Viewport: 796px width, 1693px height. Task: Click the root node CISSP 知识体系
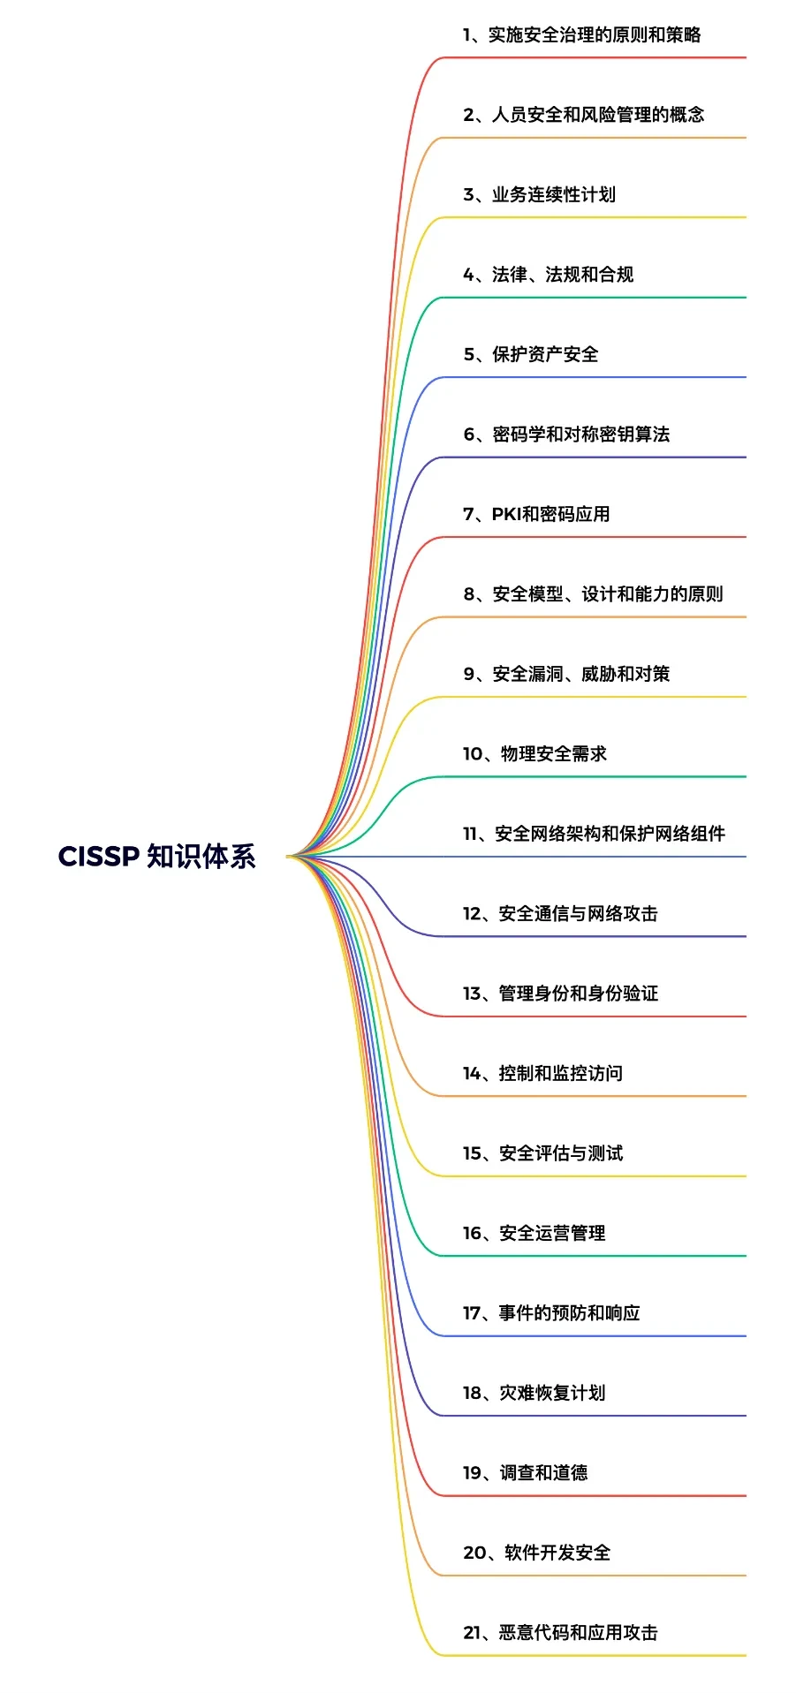[156, 856]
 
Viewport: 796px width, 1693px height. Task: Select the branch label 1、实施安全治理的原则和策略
[581, 34]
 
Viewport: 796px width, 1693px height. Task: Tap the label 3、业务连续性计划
[539, 194]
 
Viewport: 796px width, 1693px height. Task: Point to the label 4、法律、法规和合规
[548, 275]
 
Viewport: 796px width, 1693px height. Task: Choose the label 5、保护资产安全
[531, 354]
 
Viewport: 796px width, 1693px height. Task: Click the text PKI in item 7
[506, 514]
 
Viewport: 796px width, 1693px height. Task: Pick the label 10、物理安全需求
[534, 753]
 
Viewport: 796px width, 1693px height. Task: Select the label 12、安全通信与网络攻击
[560, 913]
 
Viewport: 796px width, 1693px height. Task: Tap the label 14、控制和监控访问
[542, 1073]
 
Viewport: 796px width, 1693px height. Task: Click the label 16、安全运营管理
[534, 1233]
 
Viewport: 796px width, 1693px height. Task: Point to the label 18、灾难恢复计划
[534, 1393]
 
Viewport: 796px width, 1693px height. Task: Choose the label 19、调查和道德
[525, 1472]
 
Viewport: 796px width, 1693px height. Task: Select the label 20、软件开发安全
[536, 1553]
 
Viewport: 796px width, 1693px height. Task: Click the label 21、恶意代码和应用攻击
[560, 1632]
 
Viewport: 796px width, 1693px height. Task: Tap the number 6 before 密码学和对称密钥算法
[469, 435]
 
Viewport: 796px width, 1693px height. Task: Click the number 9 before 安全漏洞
[469, 674]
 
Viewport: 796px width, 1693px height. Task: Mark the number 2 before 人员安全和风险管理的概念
[469, 115]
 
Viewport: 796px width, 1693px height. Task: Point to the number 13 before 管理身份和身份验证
[471, 994]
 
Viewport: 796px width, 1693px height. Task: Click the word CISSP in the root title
[99, 856]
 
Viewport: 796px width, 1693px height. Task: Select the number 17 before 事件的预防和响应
[471, 1313]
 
